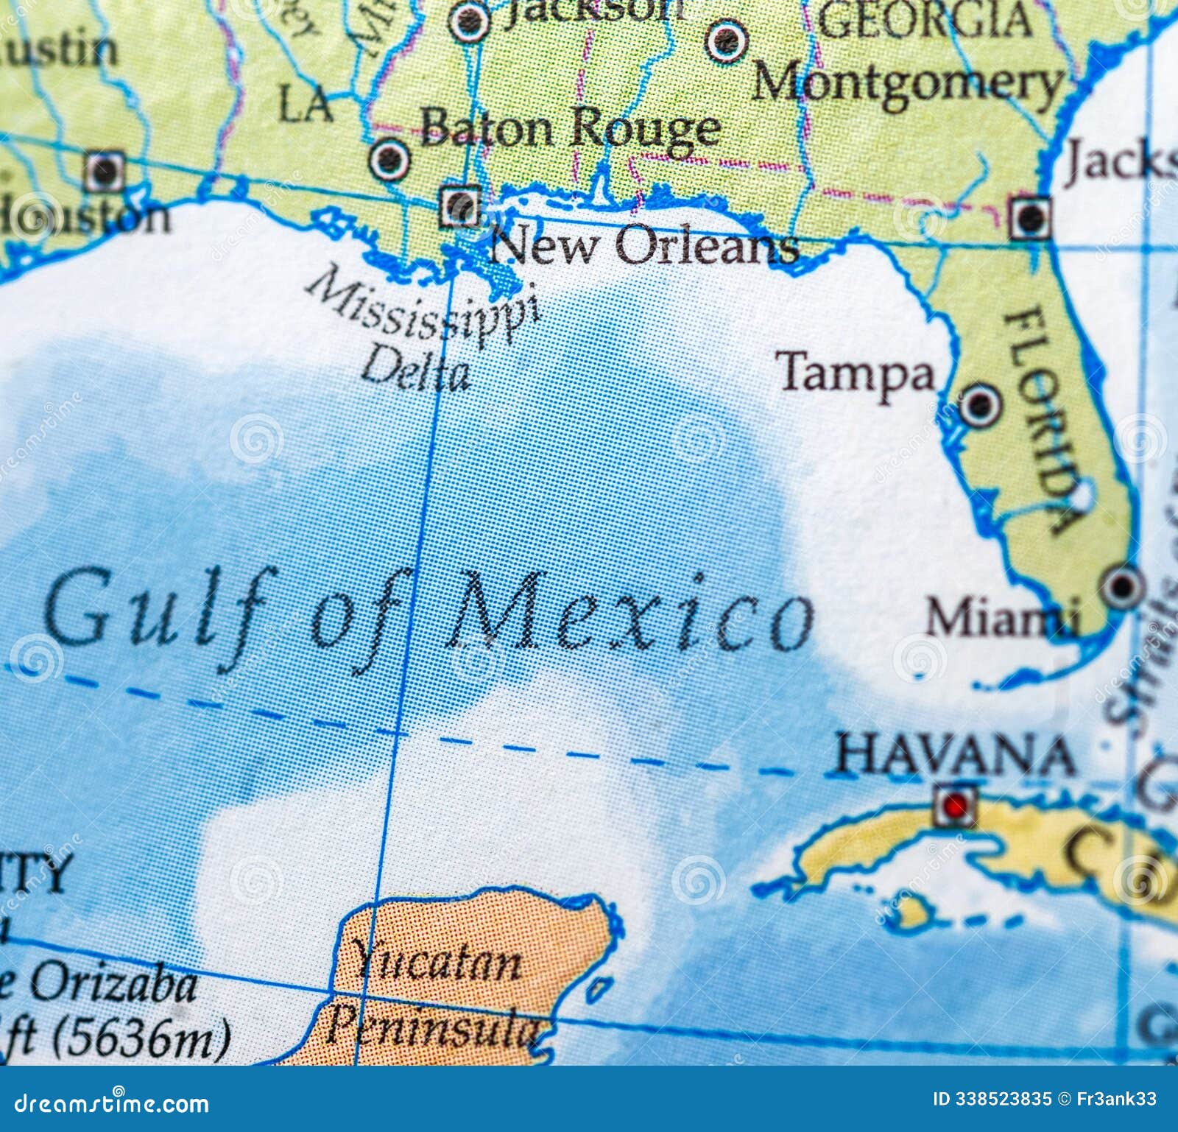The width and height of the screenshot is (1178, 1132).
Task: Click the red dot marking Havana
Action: (956, 806)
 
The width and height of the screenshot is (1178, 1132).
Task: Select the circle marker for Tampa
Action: (980, 404)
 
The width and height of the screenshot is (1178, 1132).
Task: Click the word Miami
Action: (1001, 617)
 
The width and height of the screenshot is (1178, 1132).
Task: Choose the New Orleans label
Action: (644, 245)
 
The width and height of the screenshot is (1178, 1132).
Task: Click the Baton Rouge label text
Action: (571, 129)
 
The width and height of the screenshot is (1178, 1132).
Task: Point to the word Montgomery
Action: (907, 82)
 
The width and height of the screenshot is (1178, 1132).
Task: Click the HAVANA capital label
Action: (955, 756)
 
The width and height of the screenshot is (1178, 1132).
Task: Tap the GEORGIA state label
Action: (926, 21)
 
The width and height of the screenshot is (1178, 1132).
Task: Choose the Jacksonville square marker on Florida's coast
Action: (1031, 217)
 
